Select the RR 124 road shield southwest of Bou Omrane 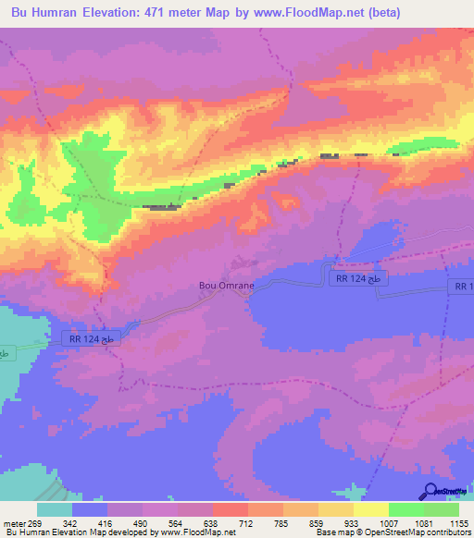point(91,339)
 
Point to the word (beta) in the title point(438,13)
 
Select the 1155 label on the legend point(457,522)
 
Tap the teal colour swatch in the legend point(55,509)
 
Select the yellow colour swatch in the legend point(370,509)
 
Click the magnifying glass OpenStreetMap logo point(431,491)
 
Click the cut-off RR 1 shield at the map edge point(463,287)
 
